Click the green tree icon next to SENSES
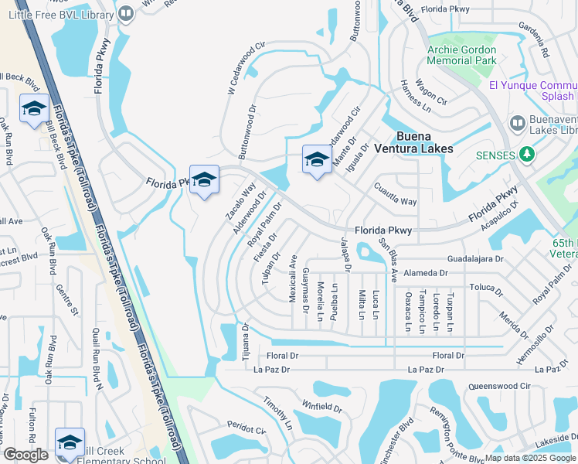coord(528,155)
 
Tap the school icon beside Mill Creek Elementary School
coord(70,443)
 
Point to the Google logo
coord(25,455)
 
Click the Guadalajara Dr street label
coord(475,260)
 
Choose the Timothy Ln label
coord(277,415)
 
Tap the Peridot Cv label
coord(246,427)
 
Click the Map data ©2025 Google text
coord(529,458)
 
